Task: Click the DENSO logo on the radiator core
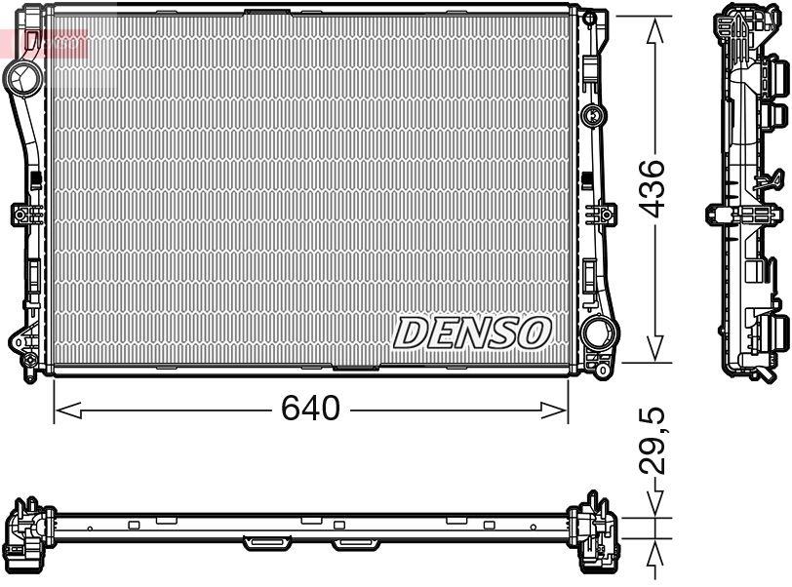pyautogui.click(x=472, y=333)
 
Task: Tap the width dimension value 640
pyautogui.click(x=311, y=409)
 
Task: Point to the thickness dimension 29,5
pyautogui.click(x=654, y=442)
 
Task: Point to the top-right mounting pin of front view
pyautogui.click(x=591, y=19)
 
